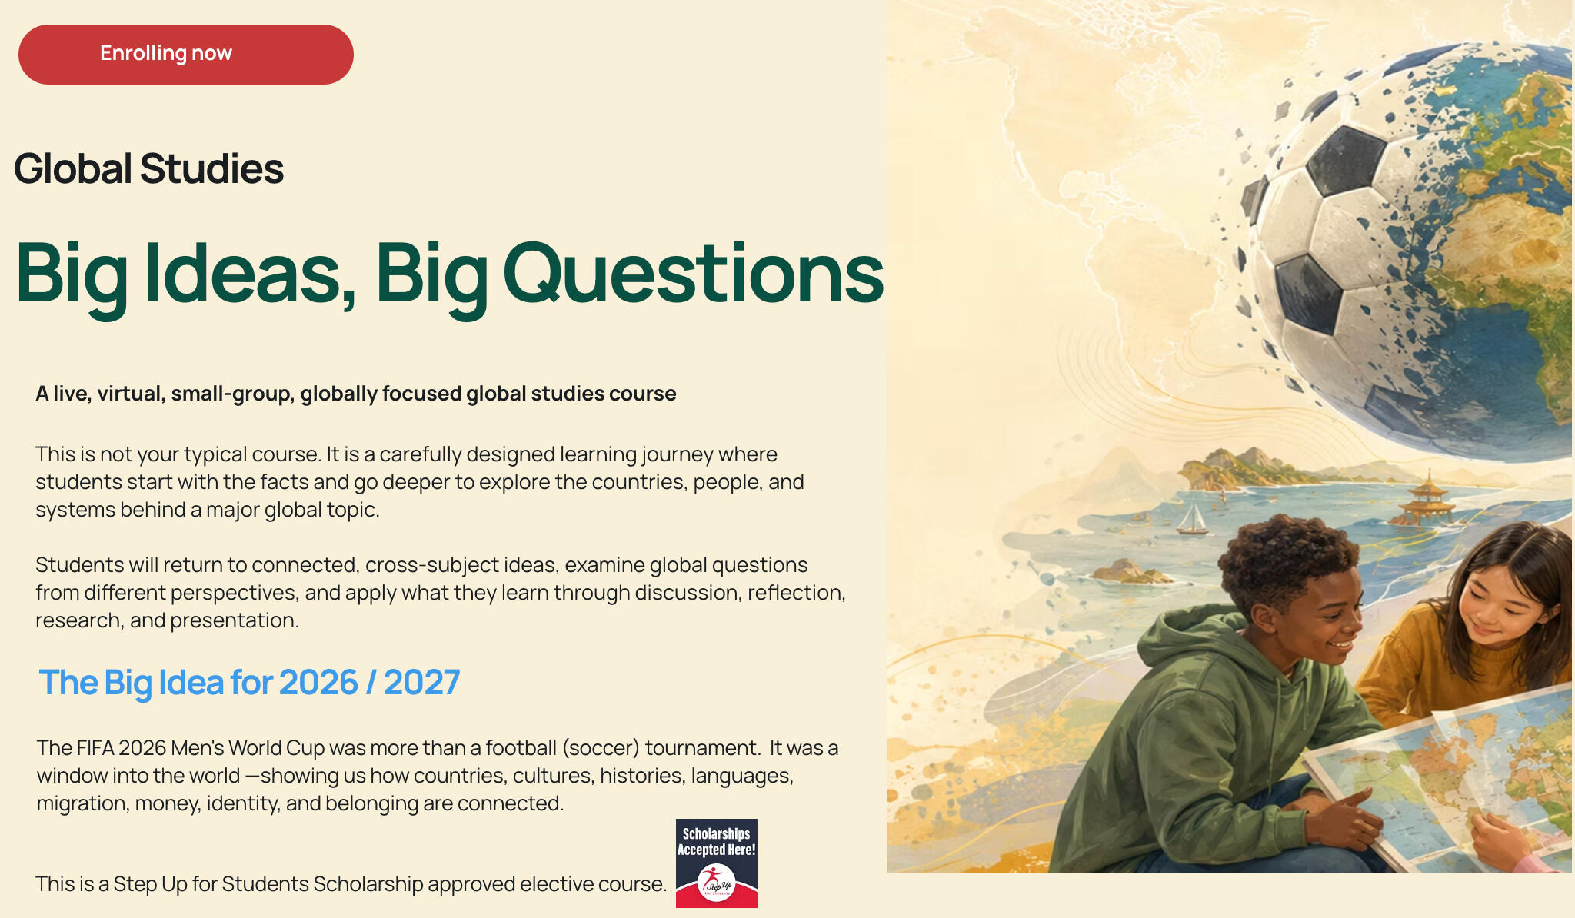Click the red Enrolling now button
[x=186, y=55]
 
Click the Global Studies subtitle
[x=148, y=168]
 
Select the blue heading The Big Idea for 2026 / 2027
[x=249, y=683]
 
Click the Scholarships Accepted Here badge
[x=717, y=863]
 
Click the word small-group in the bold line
[x=231, y=394]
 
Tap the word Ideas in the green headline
[x=251, y=274]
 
